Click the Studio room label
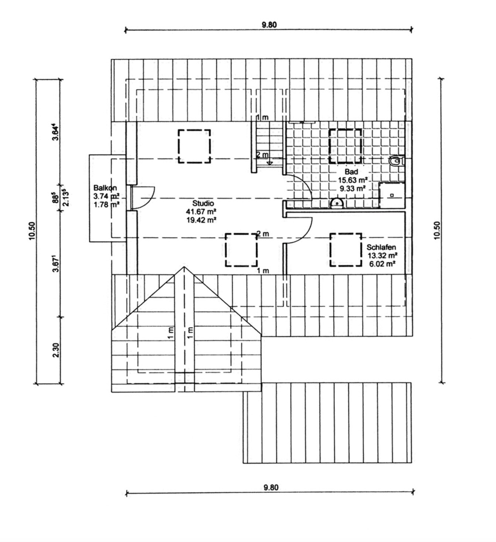pos(203,203)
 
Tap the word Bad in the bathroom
pos(351,172)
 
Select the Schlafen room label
pos(381,247)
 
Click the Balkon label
pos(105,188)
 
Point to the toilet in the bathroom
pos(396,161)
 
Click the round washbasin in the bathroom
pos(337,203)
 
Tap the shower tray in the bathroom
pos(391,195)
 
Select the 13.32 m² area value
pos(383,255)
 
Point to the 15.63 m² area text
pos(353,180)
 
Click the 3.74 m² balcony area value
pos(106,196)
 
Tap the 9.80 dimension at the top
pos(269,25)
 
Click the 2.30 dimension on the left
pos(56,350)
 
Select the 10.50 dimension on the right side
pos(437,230)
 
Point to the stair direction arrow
pos(269,163)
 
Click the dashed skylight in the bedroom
pos(346,250)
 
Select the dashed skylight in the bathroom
pos(345,146)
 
